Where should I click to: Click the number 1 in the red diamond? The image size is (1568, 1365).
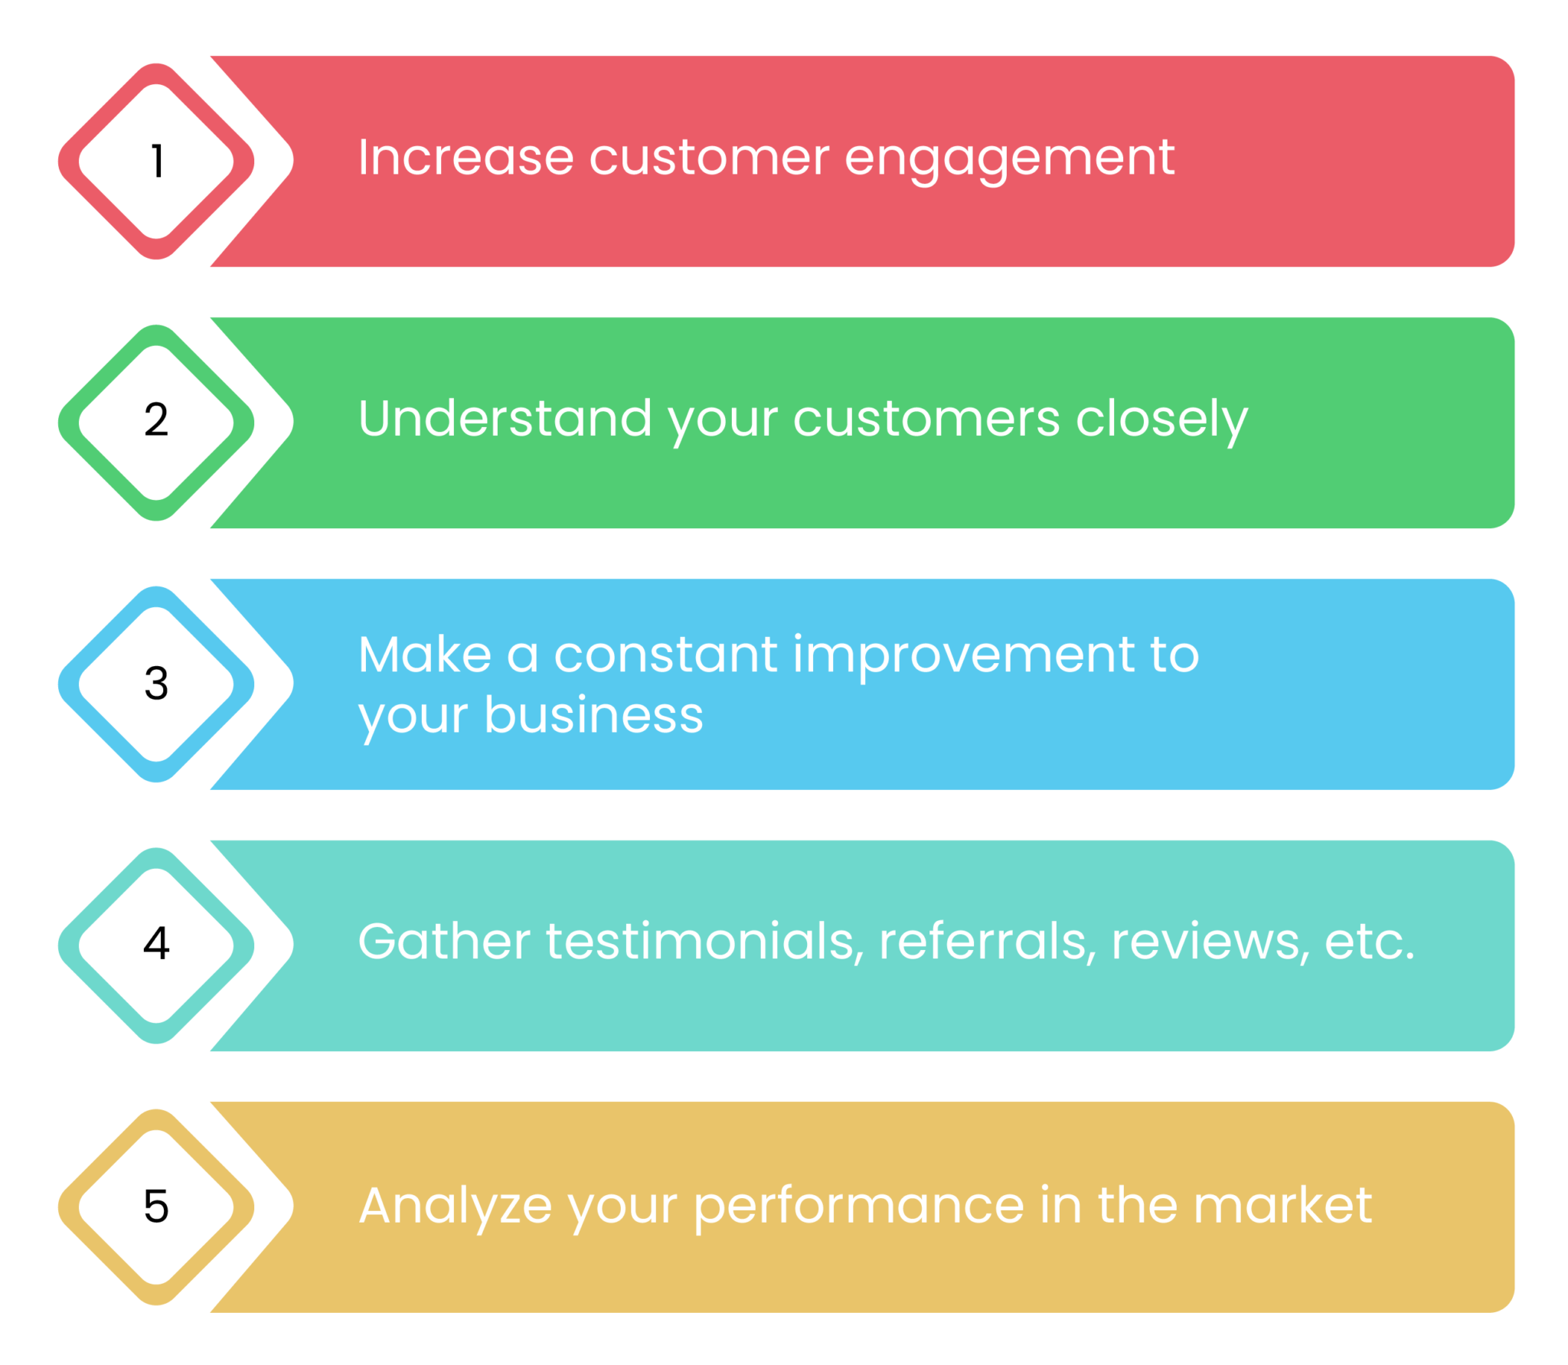[157, 162]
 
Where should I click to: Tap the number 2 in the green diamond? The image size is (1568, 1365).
[156, 420]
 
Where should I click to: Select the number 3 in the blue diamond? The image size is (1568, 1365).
[156, 683]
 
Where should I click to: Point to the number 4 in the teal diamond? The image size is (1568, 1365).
[156, 943]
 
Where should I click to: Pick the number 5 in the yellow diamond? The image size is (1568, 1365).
[156, 1206]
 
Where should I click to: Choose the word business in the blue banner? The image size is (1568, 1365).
[593, 715]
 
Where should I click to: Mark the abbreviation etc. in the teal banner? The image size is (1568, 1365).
[1369, 942]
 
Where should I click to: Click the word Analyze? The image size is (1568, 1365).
[455, 1207]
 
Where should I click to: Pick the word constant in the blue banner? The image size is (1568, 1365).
[665, 655]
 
